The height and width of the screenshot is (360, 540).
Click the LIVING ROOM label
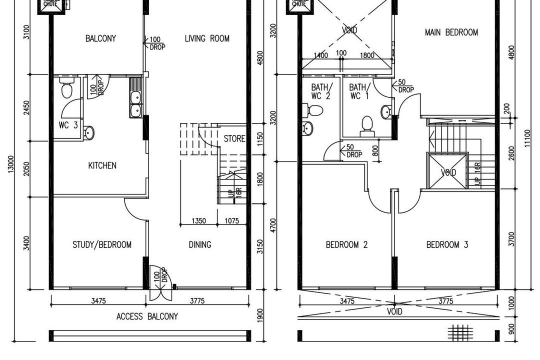pyautogui.click(x=207, y=38)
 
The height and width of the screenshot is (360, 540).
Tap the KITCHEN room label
pyautogui.click(x=102, y=165)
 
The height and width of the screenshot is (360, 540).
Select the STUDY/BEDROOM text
pyautogui.click(x=102, y=244)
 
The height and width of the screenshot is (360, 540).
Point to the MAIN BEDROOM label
pyautogui.click(x=451, y=32)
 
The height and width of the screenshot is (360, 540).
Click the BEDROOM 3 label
pyautogui.click(x=447, y=244)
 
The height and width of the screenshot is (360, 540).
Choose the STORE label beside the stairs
pyautogui.click(x=234, y=138)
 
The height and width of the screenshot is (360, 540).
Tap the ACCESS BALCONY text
pyautogui.click(x=147, y=316)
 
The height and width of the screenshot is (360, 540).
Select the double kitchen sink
pyautogui.click(x=135, y=102)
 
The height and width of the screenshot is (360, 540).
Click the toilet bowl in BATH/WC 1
pyautogui.click(x=367, y=126)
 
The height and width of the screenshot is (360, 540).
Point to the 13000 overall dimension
pyautogui.click(x=11, y=165)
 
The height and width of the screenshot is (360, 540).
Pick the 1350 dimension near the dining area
pyautogui.click(x=199, y=220)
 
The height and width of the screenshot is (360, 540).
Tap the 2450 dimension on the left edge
pyautogui.click(x=26, y=108)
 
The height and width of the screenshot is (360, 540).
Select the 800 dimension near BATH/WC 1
pyautogui.click(x=375, y=150)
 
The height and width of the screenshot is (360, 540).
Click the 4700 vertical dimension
pyautogui.click(x=273, y=224)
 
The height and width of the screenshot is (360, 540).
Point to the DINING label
pyautogui.click(x=199, y=244)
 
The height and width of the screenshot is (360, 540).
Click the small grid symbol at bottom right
pyautogui.click(x=460, y=332)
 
